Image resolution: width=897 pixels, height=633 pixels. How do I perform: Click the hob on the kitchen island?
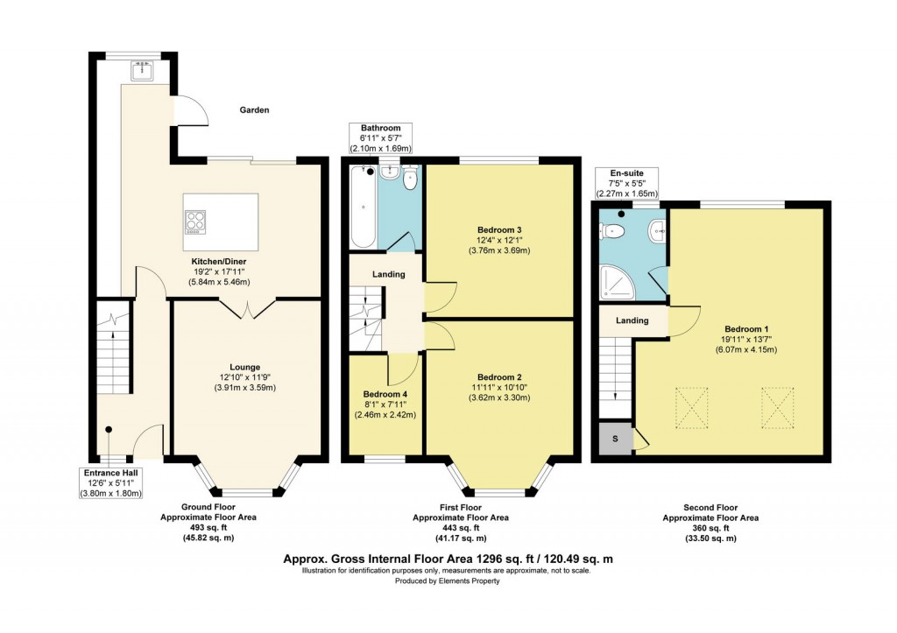click(x=195, y=221)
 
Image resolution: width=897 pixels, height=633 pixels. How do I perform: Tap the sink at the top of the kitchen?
click(x=141, y=70)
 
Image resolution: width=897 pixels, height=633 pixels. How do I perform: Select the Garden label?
click(x=255, y=110)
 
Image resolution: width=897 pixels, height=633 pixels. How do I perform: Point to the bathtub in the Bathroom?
click(x=363, y=207)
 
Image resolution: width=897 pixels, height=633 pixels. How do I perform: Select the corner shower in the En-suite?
click(x=617, y=279)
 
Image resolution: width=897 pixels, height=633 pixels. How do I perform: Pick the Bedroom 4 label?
click(x=386, y=394)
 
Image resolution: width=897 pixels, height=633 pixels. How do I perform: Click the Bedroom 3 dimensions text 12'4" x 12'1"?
click(x=498, y=241)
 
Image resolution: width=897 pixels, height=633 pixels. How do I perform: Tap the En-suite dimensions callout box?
click(x=626, y=184)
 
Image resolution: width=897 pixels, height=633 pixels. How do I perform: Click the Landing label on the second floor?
click(x=632, y=320)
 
